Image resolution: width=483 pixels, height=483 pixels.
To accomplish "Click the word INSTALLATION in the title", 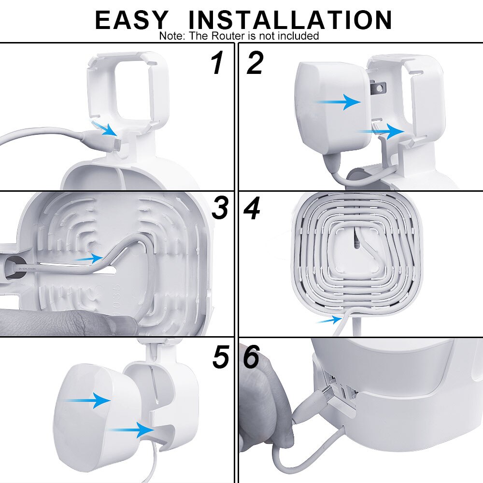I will (290, 20).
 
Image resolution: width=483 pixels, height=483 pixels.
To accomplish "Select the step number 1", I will (217, 64).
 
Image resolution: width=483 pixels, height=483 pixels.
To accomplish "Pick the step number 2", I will (255, 64).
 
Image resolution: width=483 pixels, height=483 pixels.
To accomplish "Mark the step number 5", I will (220, 357).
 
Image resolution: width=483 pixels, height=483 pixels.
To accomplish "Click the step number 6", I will (252, 357).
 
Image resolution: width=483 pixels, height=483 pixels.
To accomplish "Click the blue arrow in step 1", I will (104, 128).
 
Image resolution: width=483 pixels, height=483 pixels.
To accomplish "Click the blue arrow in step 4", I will (329, 319).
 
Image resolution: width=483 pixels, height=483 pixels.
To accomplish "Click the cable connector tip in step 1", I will (118, 143).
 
